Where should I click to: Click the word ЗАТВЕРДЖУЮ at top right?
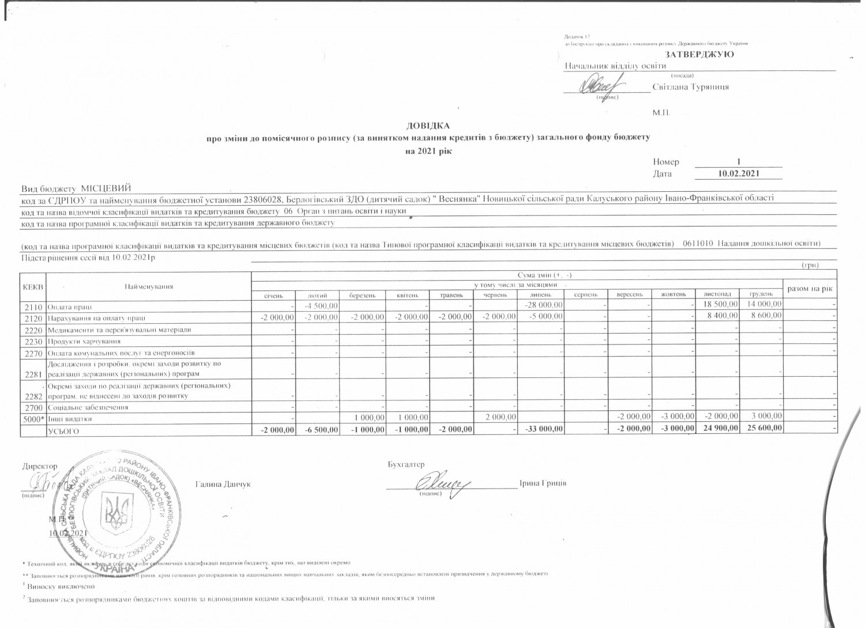[x=699, y=54]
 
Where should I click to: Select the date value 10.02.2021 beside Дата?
[x=739, y=173]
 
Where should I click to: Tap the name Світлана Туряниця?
[x=691, y=87]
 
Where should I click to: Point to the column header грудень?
[x=761, y=294]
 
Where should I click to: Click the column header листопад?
[x=717, y=294]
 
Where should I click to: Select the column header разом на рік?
[x=810, y=288]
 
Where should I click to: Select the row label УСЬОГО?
[x=63, y=430]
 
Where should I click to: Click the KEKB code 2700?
[x=32, y=407]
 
